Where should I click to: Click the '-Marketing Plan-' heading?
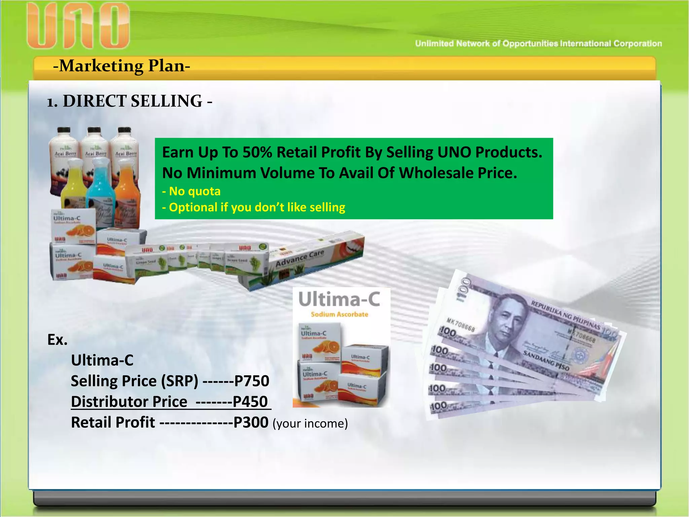click(x=121, y=66)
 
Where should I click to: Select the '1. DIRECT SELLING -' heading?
click(x=130, y=101)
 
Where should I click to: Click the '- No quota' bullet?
click(x=191, y=191)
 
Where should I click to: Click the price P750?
click(x=252, y=381)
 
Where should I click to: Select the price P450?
click(x=250, y=402)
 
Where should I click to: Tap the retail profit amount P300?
click(x=251, y=422)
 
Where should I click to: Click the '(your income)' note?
click(x=310, y=423)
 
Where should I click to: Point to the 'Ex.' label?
click(x=57, y=340)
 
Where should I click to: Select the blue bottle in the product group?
click(x=100, y=185)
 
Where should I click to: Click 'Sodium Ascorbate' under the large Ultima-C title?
click(x=339, y=314)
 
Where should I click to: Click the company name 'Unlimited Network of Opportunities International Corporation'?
click(x=538, y=43)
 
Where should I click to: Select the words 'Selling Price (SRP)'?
click(x=135, y=381)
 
